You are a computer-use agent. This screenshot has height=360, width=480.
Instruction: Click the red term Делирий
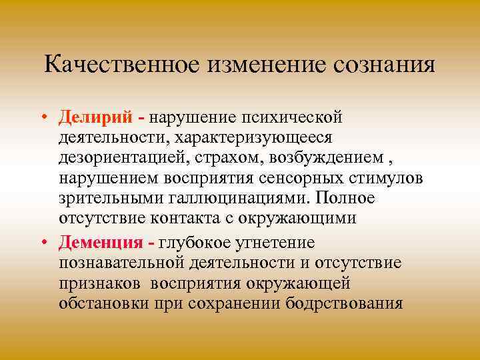point(103,118)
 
